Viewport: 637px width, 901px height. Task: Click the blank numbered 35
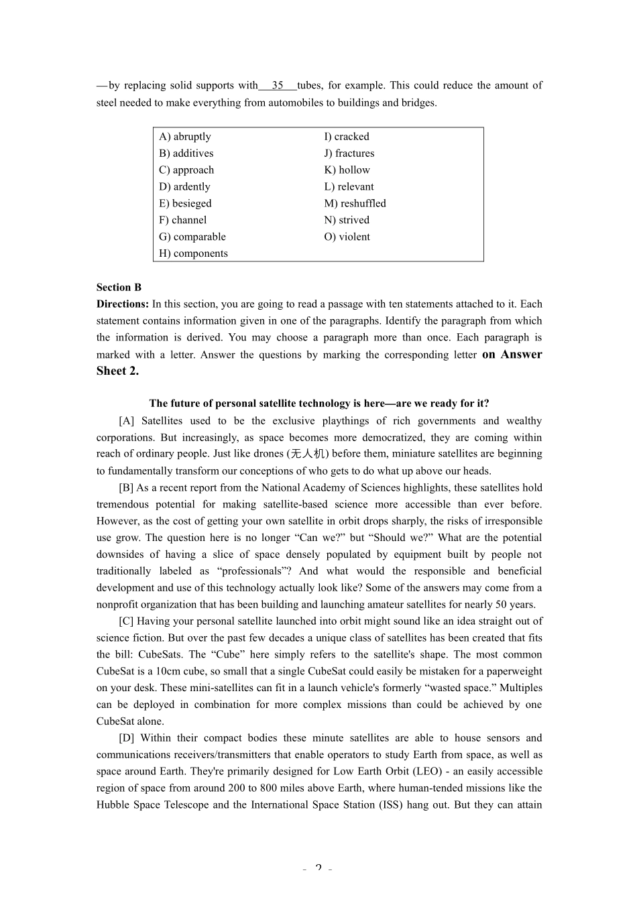[278, 85]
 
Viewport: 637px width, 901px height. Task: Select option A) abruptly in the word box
[185, 137]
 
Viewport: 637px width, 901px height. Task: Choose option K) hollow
[347, 170]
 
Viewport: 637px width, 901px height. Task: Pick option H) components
[193, 253]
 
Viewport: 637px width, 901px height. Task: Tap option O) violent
[347, 237]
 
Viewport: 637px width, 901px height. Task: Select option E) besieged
[185, 204]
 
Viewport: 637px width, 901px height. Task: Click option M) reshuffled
[355, 204]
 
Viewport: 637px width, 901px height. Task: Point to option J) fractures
[349, 154]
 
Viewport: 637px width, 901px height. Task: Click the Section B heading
[119, 288]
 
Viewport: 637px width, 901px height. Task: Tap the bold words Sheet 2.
[117, 371]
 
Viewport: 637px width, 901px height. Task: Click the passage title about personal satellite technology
[319, 404]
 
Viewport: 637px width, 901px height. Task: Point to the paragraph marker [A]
[127, 421]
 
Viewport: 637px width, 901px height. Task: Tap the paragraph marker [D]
[127, 738]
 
